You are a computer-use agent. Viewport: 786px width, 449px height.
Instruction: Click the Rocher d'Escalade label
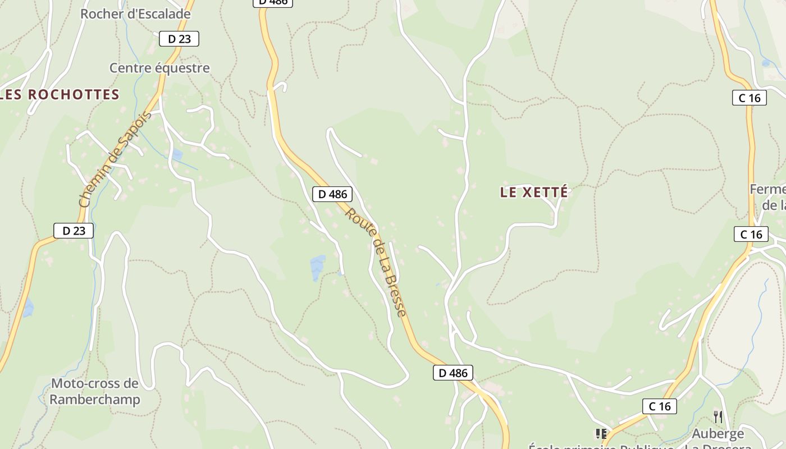(135, 14)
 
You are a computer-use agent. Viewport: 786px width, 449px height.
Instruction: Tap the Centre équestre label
(159, 68)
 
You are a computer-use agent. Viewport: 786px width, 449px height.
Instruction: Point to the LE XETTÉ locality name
(533, 193)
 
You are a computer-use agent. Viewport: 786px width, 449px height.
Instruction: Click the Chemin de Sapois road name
(115, 160)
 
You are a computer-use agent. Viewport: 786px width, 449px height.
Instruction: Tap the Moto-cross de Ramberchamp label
(94, 392)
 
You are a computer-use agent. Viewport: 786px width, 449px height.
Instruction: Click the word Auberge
(718, 433)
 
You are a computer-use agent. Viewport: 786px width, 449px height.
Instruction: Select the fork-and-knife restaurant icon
(718, 416)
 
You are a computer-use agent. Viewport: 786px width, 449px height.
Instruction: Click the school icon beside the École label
(601, 433)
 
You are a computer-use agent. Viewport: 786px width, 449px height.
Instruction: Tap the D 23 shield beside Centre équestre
(179, 39)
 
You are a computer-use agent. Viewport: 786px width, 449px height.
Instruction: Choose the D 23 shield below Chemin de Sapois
(74, 231)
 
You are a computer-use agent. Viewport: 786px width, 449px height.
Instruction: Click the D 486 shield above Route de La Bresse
(332, 194)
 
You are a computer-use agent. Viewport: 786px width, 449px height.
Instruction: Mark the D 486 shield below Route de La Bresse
(453, 373)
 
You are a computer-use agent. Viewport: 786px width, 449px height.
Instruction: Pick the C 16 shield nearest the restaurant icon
(659, 406)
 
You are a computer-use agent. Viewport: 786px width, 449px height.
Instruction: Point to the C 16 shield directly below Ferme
(751, 234)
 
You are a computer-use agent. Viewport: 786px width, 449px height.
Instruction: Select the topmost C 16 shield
(750, 98)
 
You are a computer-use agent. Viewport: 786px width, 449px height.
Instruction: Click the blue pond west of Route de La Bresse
(317, 267)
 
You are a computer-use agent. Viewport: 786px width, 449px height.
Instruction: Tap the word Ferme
(767, 189)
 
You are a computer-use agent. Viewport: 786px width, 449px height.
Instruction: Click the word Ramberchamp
(94, 400)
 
